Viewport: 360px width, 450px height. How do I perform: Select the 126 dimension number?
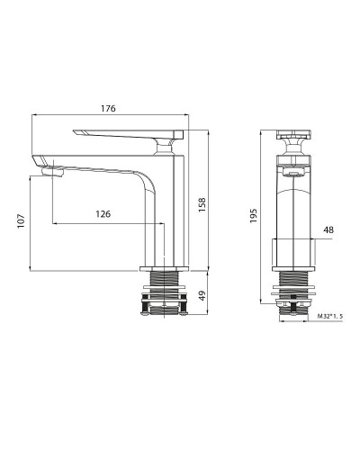click(x=104, y=213)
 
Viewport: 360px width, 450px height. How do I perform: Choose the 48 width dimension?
click(x=328, y=230)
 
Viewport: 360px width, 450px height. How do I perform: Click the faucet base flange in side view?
click(x=166, y=268)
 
